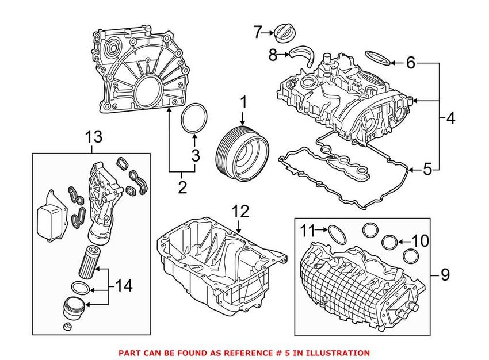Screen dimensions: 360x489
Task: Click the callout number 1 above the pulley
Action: pyautogui.click(x=243, y=103)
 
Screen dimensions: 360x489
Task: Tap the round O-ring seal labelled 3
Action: pyautogui.click(x=194, y=119)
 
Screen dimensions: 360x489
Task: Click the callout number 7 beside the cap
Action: pyautogui.click(x=257, y=32)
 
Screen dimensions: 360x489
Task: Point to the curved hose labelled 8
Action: pyautogui.click(x=303, y=57)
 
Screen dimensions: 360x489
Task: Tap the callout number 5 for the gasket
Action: pyautogui.click(x=426, y=169)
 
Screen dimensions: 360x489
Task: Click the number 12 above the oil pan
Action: pyautogui.click(x=240, y=211)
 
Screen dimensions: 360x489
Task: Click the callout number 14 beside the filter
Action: pyautogui.click(x=123, y=284)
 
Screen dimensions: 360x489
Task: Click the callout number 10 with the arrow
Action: pyautogui.click(x=421, y=240)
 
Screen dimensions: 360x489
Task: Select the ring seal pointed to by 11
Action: pyautogui.click(x=336, y=233)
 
